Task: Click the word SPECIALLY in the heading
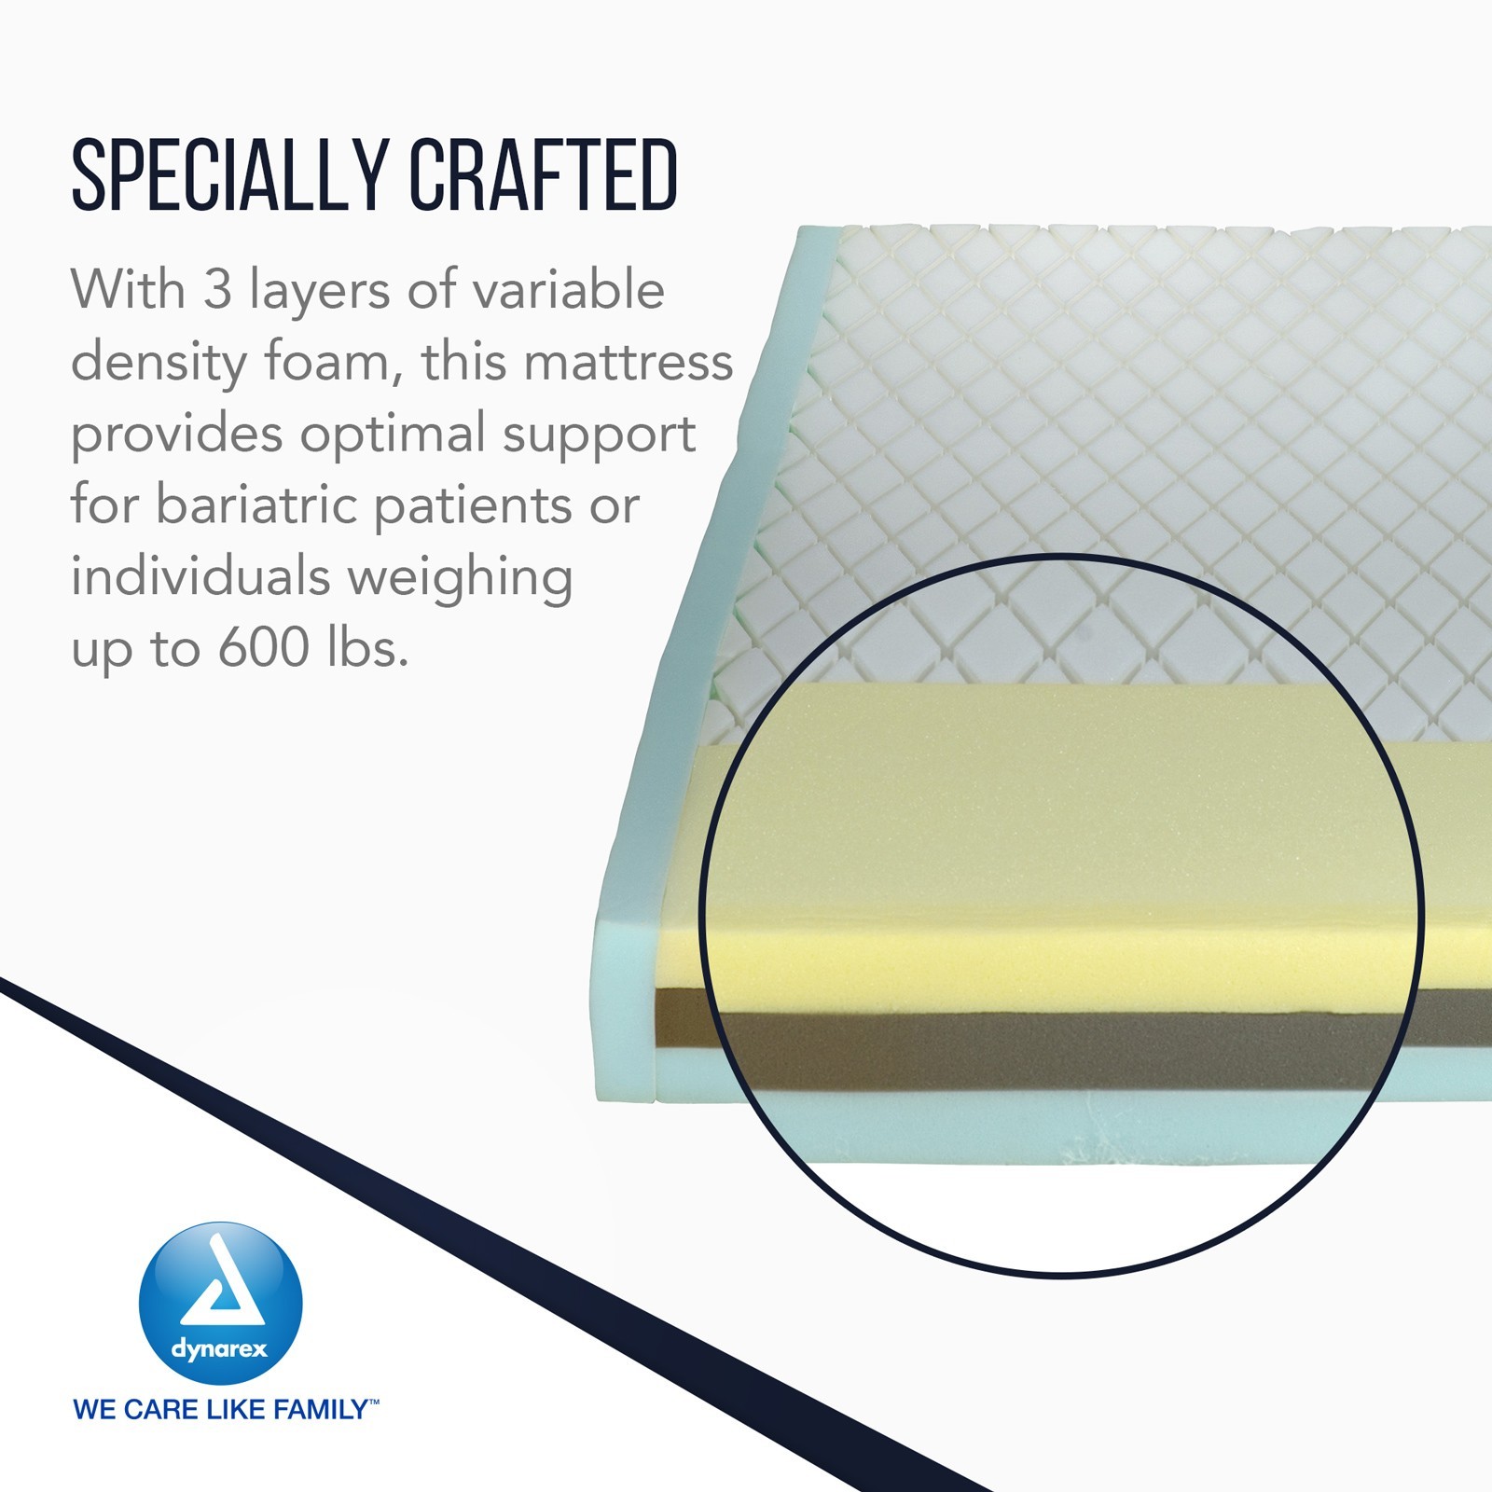tap(230, 174)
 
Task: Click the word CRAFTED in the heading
tap(544, 174)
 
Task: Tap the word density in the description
tap(159, 365)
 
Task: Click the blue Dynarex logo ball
tap(221, 1304)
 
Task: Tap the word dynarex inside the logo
tap(219, 1349)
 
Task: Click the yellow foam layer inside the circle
tap(1063, 839)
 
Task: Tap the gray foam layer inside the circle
tap(1063, 1045)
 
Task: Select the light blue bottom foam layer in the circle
tap(1063, 1124)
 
